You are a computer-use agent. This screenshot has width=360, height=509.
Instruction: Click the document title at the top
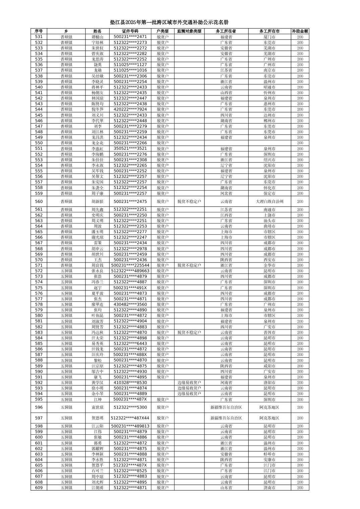pyautogui.click(x=169, y=22)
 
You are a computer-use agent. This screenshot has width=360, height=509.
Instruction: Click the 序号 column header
pyautogui.click(x=39, y=31)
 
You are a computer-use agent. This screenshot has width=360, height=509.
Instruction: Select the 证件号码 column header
pyautogui.click(x=130, y=31)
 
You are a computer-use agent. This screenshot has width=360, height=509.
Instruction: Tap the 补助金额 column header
pyautogui.click(x=300, y=31)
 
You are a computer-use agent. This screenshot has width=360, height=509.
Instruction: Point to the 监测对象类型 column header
pyautogui.click(x=189, y=31)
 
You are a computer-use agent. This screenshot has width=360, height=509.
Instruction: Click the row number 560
pyautogui.click(x=39, y=202)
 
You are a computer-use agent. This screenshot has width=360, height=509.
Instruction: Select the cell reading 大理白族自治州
pyautogui.click(x=269, y=202)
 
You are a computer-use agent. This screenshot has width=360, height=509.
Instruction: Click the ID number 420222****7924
pyautogui.click(x=130, y=110)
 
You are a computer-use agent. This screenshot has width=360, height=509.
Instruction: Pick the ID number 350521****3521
pyautogui.click(x=130, y=149)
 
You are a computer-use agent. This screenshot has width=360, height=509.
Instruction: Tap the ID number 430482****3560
pyautogui.click(x=130, y=304)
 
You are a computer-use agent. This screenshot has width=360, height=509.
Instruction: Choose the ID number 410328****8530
pyautogui.click(x=130, y=382)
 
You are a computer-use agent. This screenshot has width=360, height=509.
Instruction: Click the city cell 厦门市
pyautogui.click(x=269, y=37)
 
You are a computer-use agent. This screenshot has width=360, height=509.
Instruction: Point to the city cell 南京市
pyautogui.click(x=269, y=70)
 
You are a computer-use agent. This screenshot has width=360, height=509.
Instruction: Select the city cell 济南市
pyautogui.click(x=269, y=488)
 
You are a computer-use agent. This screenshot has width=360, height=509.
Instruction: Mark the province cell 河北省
pyautogui.click(x=226, y=193)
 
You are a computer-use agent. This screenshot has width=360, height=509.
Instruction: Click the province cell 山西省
pyautogui.click(x=226, y=93)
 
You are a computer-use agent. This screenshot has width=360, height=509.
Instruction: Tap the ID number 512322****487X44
pyautogui.click(x=130, y=418)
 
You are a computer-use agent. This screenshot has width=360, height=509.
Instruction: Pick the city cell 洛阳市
pyautogui.click(x=269, y=382)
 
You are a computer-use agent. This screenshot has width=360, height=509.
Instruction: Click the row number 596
pyautogui.click(x=39, y=407)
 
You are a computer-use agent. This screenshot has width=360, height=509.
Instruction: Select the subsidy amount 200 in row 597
pyautogui.click(x=300, y=418)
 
